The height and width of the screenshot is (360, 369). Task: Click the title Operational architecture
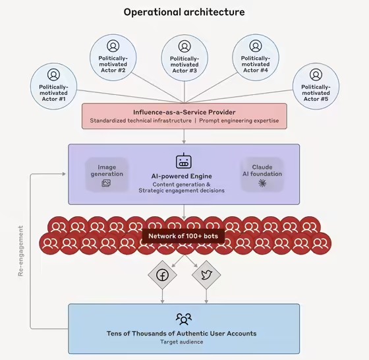(x=184, y=12)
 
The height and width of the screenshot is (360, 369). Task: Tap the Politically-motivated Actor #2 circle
(x=113, y=59)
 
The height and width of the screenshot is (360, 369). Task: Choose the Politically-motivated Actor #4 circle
(x=255, y=59)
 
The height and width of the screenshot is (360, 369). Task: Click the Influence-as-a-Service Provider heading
(x=184, y=111)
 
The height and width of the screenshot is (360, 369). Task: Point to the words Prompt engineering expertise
(x=239, y=121)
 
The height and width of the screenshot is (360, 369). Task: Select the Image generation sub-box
(x=107, y=175)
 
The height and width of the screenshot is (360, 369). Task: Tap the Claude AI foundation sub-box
(x=262, y=174)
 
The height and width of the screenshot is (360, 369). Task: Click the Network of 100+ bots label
(x=184, y=236)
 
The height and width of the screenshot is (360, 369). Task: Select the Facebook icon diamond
(x=162, y=276)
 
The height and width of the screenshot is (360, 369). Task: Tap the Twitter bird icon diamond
(x=206, y=276)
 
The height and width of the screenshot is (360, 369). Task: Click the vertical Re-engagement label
(x=20, y=251)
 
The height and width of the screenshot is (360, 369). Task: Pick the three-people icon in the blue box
(x=184, y=319)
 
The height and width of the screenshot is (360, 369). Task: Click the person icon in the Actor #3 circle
(x=184, y=46)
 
